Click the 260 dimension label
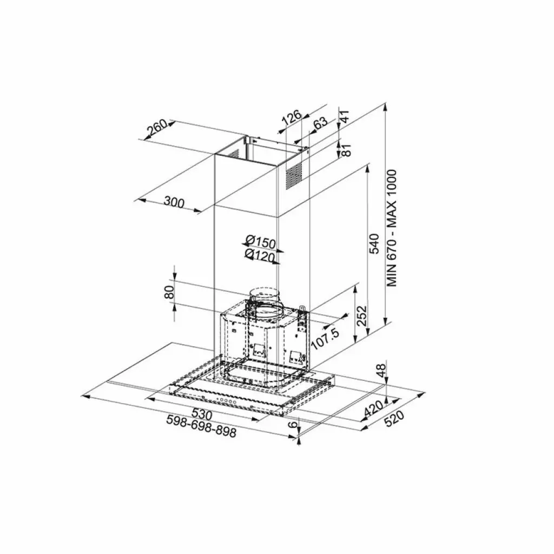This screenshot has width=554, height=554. [157, 129]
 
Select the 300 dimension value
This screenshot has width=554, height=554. [174, 203]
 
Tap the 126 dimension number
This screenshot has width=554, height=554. [292, 117]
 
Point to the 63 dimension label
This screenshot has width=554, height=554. [320, 123]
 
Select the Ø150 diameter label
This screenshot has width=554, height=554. [260, 241]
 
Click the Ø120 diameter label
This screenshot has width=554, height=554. [260, 256]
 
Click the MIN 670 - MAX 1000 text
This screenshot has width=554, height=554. [392, 228]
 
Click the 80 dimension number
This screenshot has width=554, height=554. [169, 292]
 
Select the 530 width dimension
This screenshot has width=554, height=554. [201, 414]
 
